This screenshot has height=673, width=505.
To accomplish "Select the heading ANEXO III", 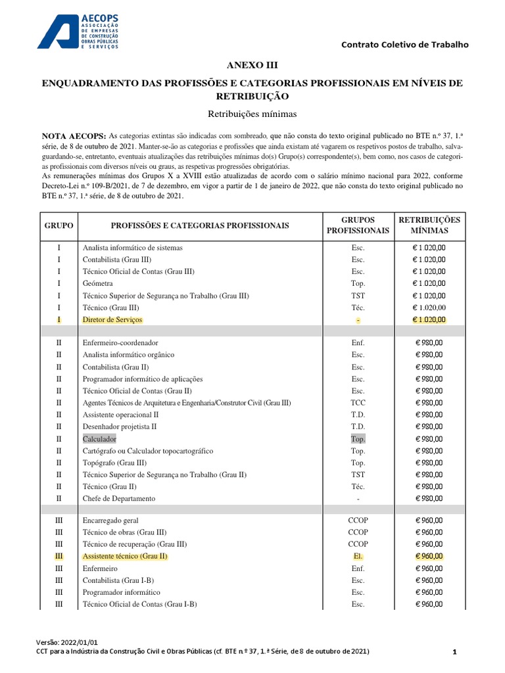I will (x=252, y=65).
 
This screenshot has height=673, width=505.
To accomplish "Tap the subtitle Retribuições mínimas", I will (x=252, y=114).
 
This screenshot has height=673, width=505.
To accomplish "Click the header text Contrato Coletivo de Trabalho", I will (x=405, y=45).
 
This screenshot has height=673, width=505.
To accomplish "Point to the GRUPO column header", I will (x=59, y=225).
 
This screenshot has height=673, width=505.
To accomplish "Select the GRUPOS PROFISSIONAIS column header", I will (x=358, y=225).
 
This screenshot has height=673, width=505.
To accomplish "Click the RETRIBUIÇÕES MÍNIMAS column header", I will (x=430, y=225).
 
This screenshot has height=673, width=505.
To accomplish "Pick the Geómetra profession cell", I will (x=97, y=283).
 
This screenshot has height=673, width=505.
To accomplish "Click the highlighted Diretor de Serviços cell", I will (x=112, y=319).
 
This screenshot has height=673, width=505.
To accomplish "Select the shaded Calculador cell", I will (x=99, y=438).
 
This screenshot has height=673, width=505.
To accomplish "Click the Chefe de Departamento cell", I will (x=119, y=498).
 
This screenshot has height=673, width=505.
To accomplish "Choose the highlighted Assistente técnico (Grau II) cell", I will (x=125, y=556).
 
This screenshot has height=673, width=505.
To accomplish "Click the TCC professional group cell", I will (x=358, y=403).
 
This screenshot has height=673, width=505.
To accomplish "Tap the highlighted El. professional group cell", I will (x=358, y=556).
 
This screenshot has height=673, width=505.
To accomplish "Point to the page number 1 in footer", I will (x=454, y=651).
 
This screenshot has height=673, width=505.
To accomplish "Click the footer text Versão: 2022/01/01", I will (x=67, y=641).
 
